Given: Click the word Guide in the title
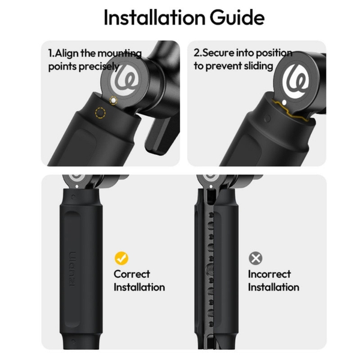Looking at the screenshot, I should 232,17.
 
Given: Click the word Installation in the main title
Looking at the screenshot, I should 151,17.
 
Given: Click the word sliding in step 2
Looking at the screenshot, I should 258,66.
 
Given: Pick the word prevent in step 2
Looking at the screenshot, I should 224,66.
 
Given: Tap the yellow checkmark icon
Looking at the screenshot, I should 122,259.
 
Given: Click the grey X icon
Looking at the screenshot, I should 256,259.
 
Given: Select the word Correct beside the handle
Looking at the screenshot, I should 132,274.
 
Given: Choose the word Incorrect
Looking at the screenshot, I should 269,274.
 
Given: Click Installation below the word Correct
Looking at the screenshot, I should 139,287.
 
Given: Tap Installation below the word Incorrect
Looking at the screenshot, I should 274,287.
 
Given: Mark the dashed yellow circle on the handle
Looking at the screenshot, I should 100,113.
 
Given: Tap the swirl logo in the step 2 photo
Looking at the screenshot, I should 296,79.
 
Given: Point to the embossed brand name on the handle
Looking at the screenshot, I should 73,264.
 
